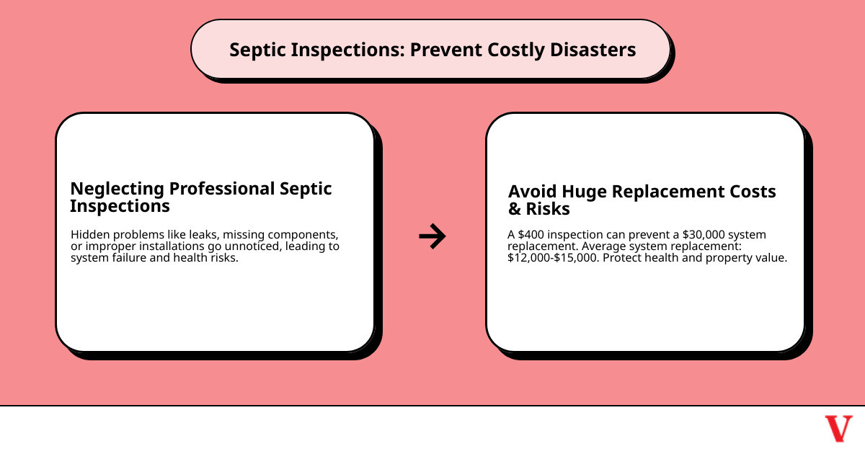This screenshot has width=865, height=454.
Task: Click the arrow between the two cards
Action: tap(432, 236)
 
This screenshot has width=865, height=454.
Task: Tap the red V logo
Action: tap(838, 429)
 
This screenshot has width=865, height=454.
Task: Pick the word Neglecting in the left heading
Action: tap(117, 189)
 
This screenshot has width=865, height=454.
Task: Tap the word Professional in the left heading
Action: tap(221, 189)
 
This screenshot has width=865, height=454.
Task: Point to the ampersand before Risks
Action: tap(515, 210)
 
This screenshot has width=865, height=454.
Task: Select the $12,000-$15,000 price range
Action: tap(552, 258)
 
